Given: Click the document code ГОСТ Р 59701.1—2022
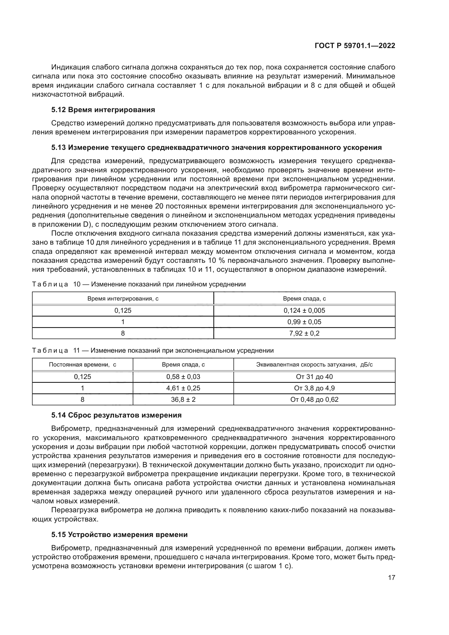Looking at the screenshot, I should pos(355,46).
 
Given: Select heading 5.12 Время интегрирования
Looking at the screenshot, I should pos(103,110).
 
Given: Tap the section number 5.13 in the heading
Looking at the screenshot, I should pos(58,147).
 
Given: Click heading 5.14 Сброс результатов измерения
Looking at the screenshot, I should pos(116,415).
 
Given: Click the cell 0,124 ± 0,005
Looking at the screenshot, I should pos(304,310).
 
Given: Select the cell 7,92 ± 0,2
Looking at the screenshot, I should pos(304,333).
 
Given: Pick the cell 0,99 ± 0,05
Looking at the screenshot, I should pos(304,322).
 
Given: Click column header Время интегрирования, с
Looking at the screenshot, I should pos(123,299).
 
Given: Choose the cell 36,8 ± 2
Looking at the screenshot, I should pos(183,399).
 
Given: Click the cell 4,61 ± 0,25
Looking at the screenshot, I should pos(183,388).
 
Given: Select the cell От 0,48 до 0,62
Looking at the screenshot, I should pos(314,399).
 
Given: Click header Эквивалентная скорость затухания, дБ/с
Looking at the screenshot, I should pos(314,365).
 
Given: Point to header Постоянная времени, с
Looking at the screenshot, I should pos(83,365).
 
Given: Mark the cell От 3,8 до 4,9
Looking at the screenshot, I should pos(314,388).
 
